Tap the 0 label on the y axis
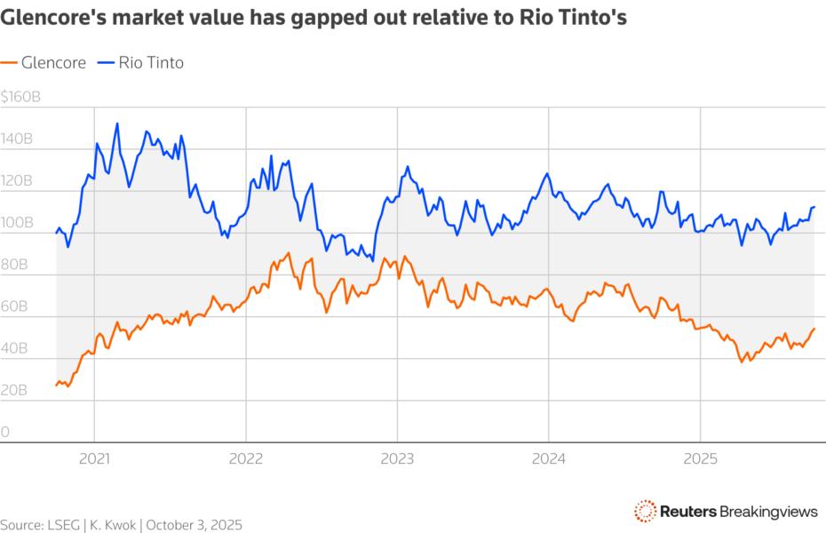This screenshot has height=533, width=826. click(5, 433)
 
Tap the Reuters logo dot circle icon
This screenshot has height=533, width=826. click(646, 510)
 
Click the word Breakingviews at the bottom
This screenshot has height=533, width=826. click(767, 511)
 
